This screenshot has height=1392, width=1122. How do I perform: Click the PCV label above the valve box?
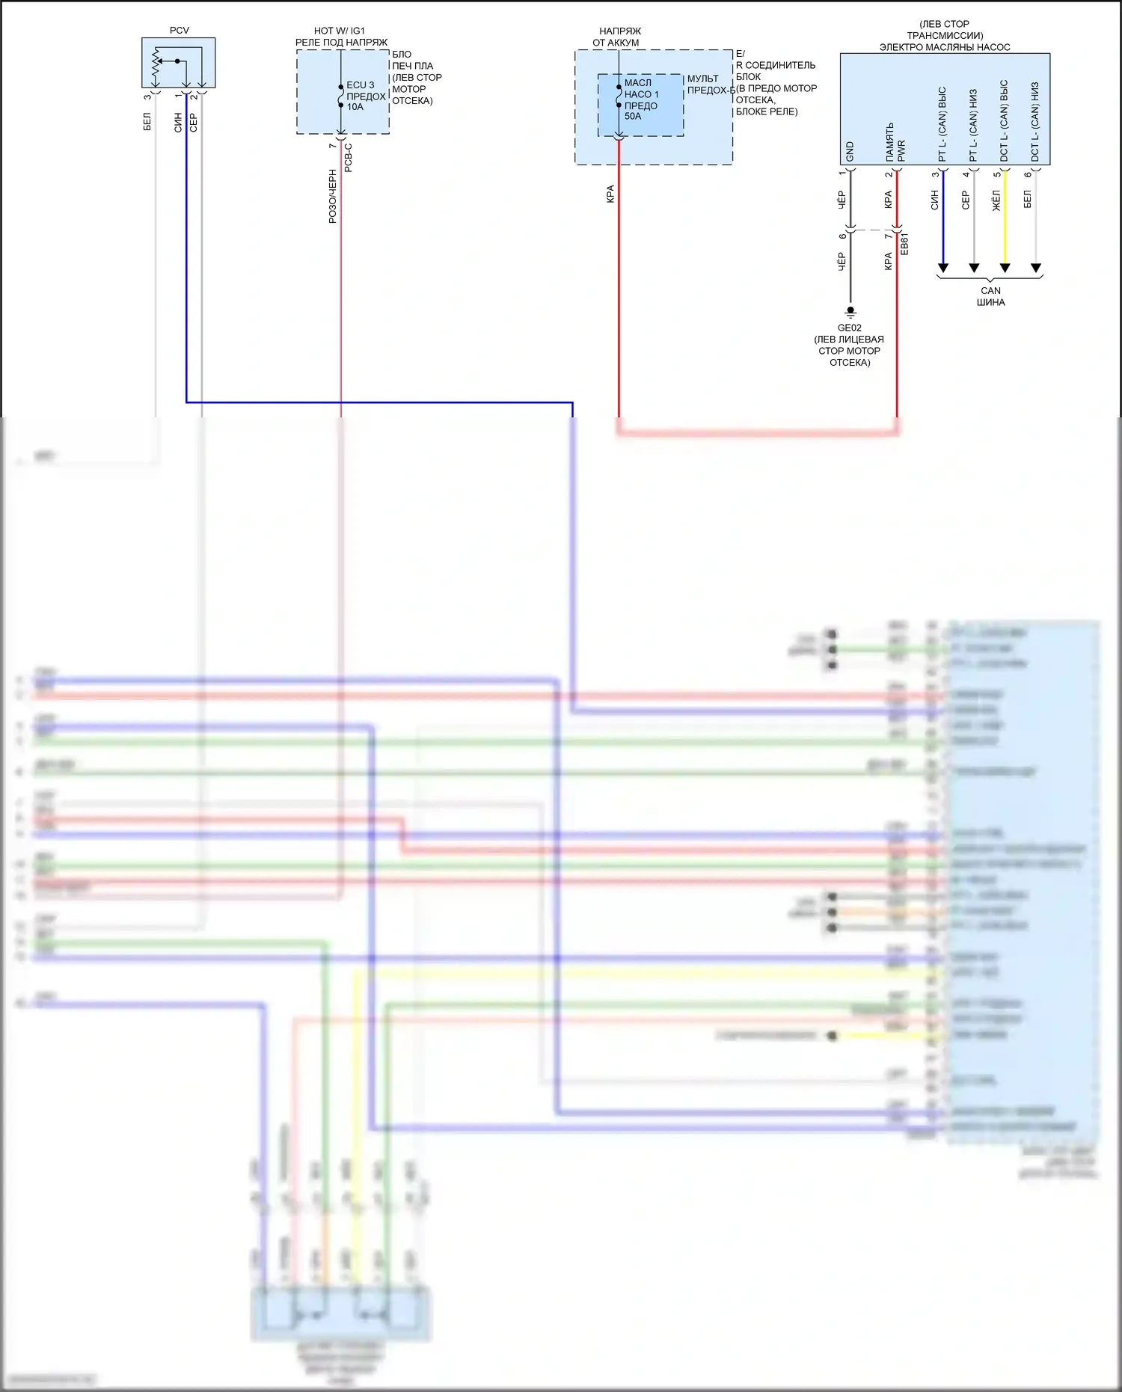tap(180, 31)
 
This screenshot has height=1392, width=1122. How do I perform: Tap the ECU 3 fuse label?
tap(361, 85)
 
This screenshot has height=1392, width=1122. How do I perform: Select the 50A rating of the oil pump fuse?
tap(633, 117)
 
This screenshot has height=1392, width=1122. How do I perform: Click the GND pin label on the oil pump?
tap(850, 152)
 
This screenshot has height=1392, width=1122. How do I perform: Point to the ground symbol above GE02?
tap(850, 311)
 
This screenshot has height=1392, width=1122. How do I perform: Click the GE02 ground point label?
tap(849, 328)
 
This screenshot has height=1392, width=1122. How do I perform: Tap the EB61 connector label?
tap(904, 244)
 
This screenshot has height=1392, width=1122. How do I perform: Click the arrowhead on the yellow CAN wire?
tap(1005, 268)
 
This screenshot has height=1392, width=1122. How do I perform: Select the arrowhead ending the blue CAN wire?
tap(943, 268)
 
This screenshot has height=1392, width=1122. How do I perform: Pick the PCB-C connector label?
tap(348, 157)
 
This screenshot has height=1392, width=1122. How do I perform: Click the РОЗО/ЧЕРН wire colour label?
tap(333, 196)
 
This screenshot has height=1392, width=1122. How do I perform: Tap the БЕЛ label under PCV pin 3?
tap(147, 122)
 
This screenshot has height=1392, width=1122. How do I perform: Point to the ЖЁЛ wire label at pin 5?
tap(996, 200)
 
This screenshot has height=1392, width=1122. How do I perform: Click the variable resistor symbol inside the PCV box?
tap(157, 64)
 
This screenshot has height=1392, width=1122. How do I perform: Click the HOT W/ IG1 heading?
tap(340, 31)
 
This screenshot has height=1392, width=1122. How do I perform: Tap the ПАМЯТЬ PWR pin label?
tap(895, 142)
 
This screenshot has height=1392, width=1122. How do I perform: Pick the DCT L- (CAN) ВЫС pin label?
tap(1004, 121)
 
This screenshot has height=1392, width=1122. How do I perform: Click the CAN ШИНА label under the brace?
tap(990, 296)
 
